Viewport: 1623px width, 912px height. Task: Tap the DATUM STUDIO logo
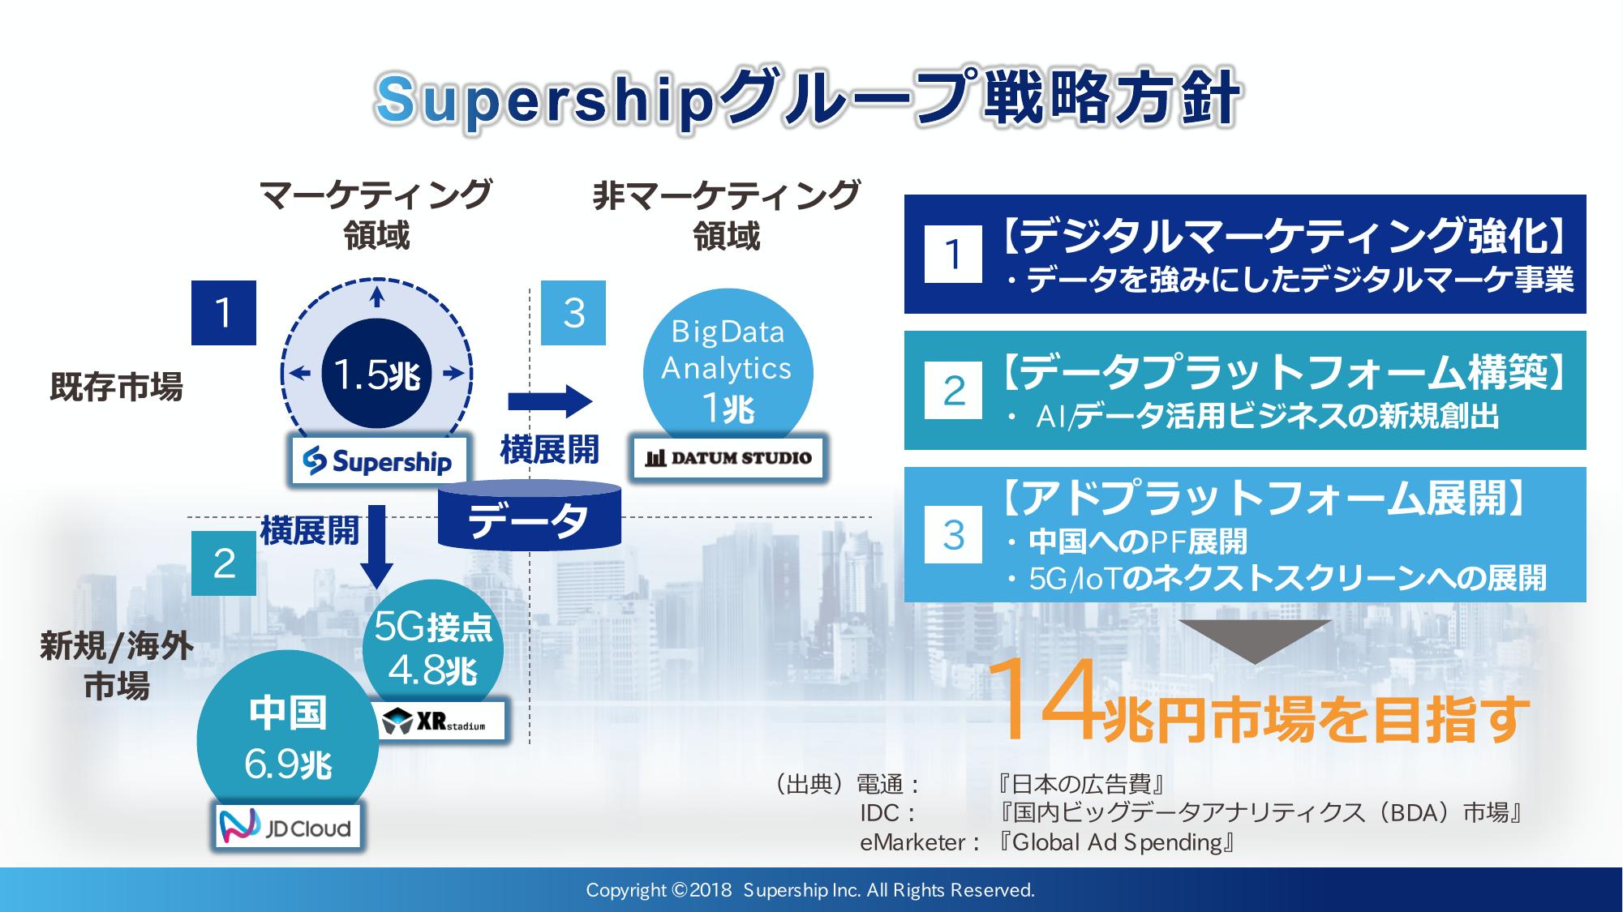click(x=728, y=457)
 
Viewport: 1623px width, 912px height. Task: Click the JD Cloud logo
click(x=289, y=826)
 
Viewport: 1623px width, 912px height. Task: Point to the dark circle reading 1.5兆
click(x=376, y=374)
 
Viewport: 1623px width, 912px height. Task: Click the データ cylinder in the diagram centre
click(x=529, y=514)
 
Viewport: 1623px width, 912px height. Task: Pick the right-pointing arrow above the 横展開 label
click(x=550, y=401)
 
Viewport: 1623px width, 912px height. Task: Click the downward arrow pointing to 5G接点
click(x=376, y=546)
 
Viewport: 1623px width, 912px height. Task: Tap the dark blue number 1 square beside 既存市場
click(x=224, y=313)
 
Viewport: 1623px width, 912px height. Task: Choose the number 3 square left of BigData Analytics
click(x=573, y=313)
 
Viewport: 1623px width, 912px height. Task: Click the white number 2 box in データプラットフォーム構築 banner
click(x=953, y=391)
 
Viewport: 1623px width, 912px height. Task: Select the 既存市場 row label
click(x=117, y=386)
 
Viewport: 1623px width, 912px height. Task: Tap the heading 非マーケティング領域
click(x=727, y=216)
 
